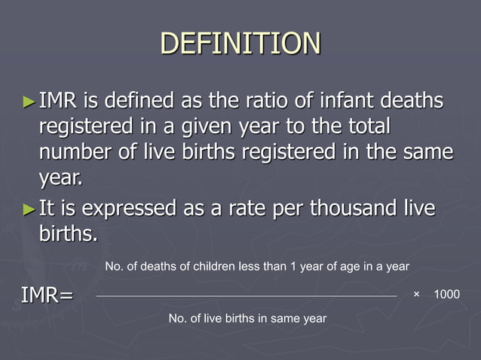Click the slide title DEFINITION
[x=240, y=43]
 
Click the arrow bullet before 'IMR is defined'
[x=29, y=100]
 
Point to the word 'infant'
[x=337, y=100]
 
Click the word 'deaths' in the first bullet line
[x=412, y=100]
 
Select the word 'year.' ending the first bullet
[x=61, y=179]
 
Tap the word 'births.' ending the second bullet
[x=68, y=233]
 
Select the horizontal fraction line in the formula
[x=247, y=296]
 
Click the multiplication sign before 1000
[x=416, y=294]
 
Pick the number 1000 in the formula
[x=446, y=294]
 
